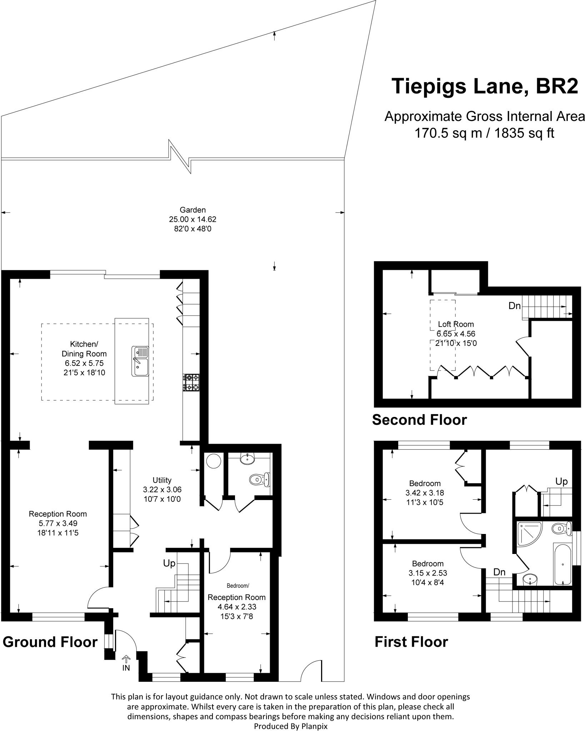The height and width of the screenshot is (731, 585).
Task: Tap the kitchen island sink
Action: pyautogui.click(x=140, y=361)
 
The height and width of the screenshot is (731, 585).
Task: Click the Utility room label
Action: pyautogui.click(x=162, y=480)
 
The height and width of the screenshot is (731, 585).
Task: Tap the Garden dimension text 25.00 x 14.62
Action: pyautogui.click(x=192, y=219)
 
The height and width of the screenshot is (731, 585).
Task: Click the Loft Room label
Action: pyautogui.click(x=456, y=324)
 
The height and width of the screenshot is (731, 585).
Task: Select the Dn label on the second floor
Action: pyautogui.click(x=514, y=306)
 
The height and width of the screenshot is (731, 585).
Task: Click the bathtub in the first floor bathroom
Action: pyautogui.click(x=563, y=564)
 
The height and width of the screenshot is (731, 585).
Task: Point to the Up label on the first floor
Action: pyautogui.click(x=561, y=482)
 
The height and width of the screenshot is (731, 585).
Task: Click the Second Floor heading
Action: pyautogui.click(x=419, y=420)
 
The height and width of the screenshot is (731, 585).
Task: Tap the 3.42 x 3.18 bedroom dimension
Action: pyautogui.click(x=425, y=493)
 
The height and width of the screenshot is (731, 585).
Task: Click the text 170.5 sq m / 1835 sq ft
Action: pyautogui.click(x=484, y=133)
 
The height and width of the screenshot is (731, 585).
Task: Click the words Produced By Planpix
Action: pyautogui.click(x=290, y=726)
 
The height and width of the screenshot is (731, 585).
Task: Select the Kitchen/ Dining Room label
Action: pyautogui.click(x=84, y=349)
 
